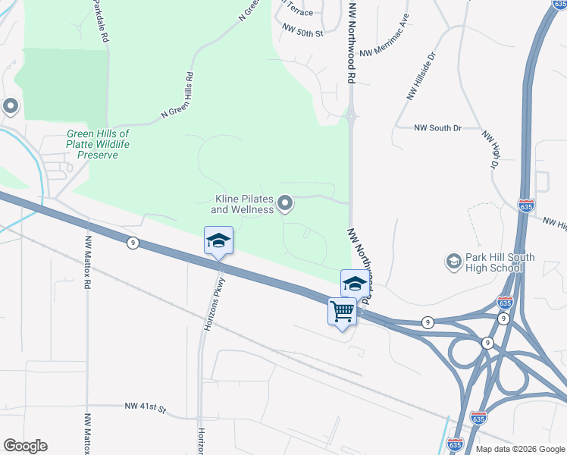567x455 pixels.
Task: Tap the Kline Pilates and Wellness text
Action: coord(242,204)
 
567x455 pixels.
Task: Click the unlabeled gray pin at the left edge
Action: coord(10,107)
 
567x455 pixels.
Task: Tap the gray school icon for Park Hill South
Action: coord(454,262)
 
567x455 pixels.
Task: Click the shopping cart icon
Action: coord(342,311)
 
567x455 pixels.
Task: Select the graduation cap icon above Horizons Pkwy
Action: coord(218,241)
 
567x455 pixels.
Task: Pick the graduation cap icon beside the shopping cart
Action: coord(354,284)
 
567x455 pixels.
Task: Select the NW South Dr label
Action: coord(438,128)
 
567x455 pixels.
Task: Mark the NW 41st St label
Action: coord(146,407)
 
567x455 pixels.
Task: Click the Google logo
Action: coord(25,446)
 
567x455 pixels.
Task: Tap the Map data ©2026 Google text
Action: coord(519,449)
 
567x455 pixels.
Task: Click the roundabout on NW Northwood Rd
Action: coord(352,116)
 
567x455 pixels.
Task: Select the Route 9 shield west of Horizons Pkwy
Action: coord(133,243)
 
